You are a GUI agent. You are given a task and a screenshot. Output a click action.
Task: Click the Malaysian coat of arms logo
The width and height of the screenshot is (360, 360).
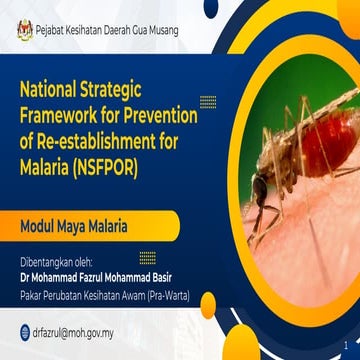point(23,32)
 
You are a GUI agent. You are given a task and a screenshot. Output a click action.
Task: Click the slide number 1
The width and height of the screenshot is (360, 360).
point(345,339)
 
